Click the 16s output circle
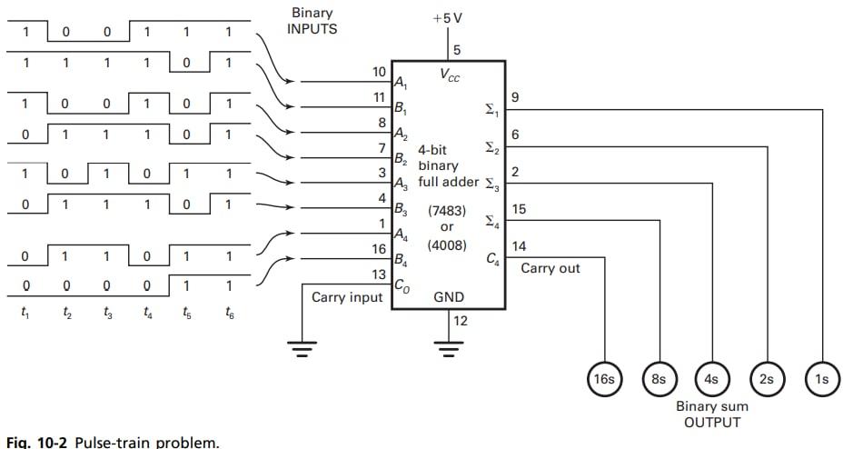click(604, 380)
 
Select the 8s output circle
click(659, 380)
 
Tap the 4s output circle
click(713, 380)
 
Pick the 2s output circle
click(768, 380)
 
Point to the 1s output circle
click(822, 380)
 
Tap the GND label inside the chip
click(450, 296)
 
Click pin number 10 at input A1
click(380, 71)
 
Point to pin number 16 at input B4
click(380, 247)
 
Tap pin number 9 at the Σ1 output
click(515, 96)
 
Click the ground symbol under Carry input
click(302, 345)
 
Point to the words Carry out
click(550, 268)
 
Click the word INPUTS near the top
click(312, 29)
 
